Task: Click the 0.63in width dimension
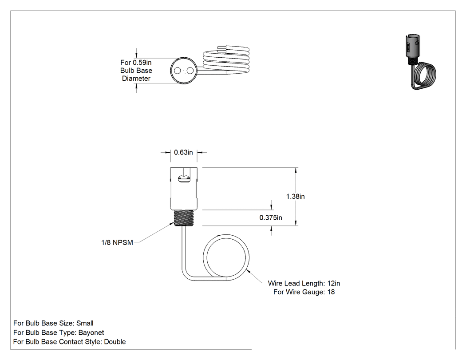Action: (183, 153)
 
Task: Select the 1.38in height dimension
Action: (296, 197)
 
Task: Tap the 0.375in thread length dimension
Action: (271, 218)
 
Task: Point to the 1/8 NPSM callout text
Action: (117, 242)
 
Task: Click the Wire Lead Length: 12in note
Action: (304, 283)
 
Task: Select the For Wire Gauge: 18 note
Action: (304, 292)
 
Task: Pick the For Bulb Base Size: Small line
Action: (54, 323)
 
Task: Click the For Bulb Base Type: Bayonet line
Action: (59, 332)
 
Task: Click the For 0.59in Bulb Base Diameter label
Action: (136, 71)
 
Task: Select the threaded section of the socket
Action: (184, 218)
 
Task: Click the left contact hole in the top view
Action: (178, 71)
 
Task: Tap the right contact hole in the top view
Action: (190, 71)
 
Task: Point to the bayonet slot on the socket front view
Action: (184, 179)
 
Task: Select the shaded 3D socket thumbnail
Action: (420, 62)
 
